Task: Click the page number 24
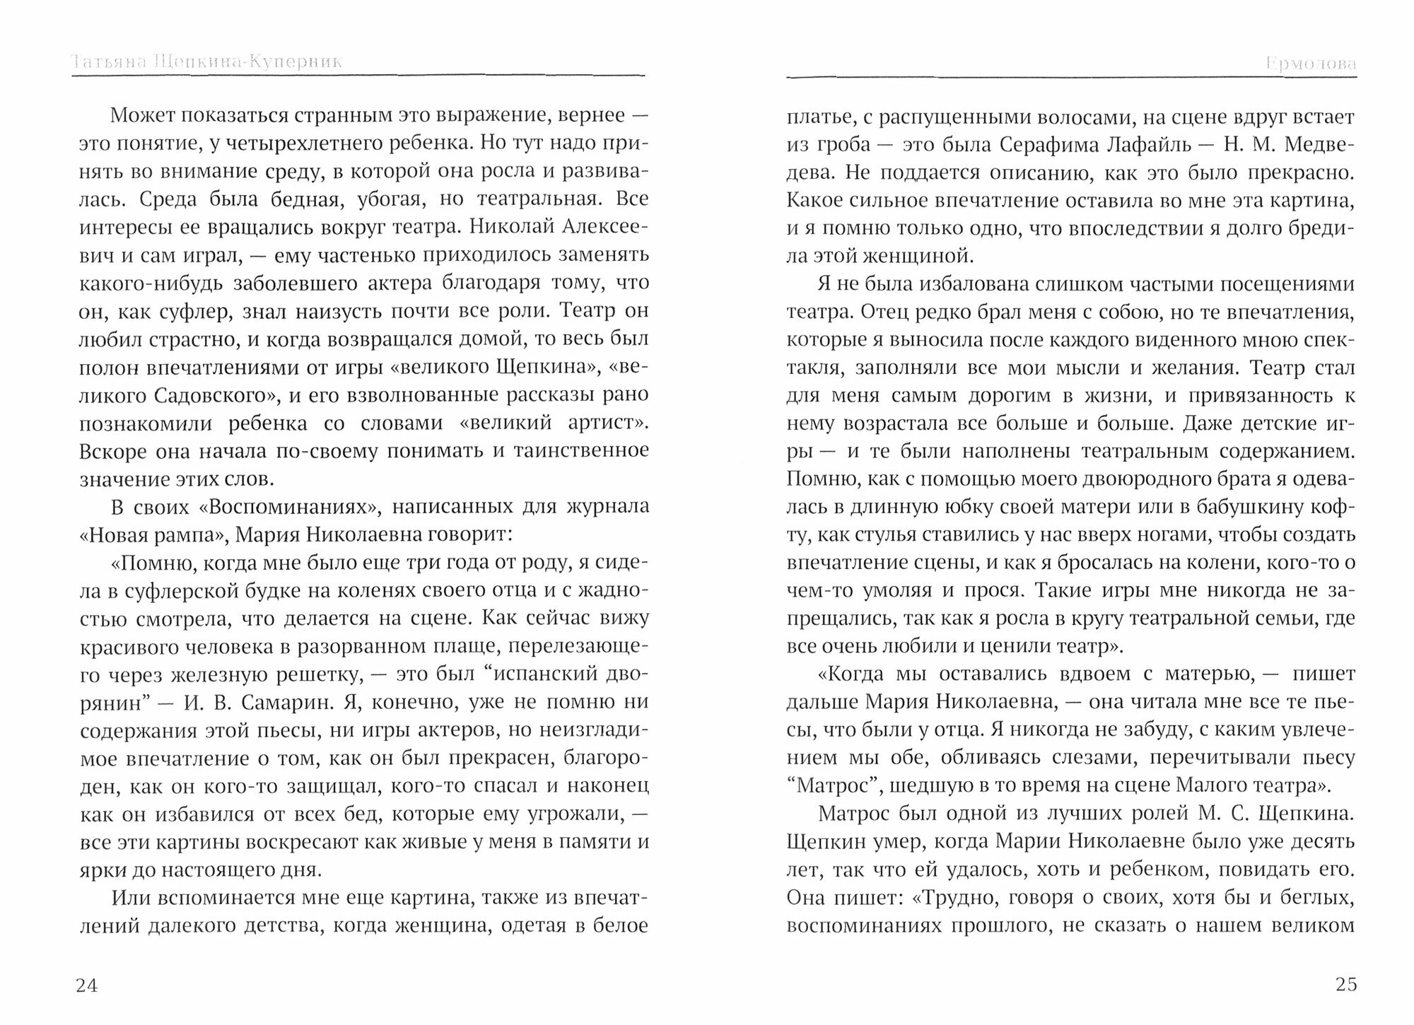click(x=86, y=985)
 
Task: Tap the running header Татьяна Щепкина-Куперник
click(x=206, y=62)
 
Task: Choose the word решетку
click(x=315, y=674)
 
